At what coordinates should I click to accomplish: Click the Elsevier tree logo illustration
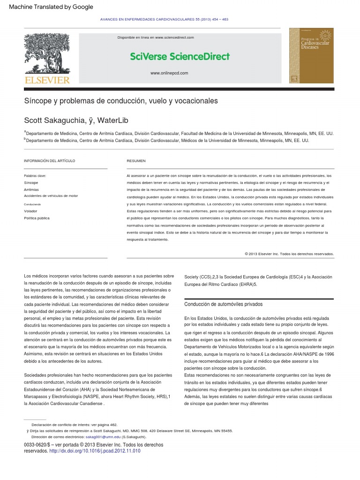tap(47, 54)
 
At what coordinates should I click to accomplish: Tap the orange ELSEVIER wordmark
tap(47, 80)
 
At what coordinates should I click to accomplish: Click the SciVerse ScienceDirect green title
tap(180, 57)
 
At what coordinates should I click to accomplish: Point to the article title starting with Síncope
tap(121, 101)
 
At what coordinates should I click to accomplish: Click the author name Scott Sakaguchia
tap(54, 121)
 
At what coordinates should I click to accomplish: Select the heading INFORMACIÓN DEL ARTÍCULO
tap(49, 161)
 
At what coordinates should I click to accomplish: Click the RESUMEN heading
tap(136, 161)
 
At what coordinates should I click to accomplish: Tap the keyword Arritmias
tap(31, 189)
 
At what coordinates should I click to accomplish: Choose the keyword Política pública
tap(37, 218)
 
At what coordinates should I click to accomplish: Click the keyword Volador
tap(30, 211)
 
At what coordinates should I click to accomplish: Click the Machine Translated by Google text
tap(51, 7)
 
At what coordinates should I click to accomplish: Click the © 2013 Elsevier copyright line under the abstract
tap(289, 254)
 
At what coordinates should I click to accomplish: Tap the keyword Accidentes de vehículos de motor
tap(51, 196)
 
